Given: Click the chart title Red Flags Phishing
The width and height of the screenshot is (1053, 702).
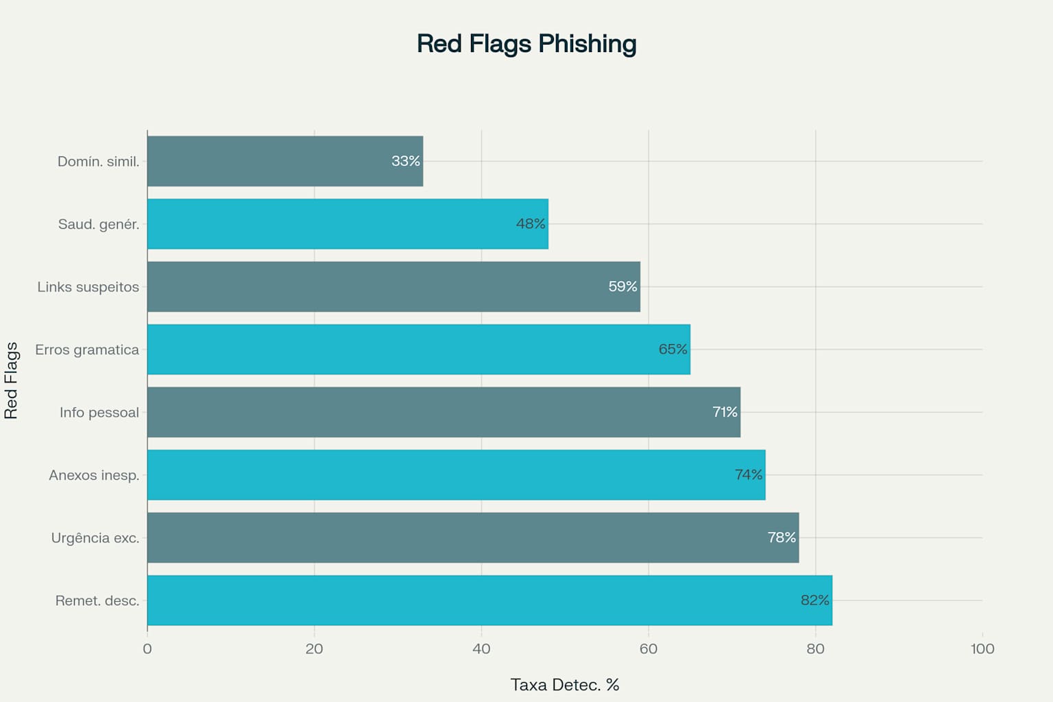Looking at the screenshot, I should pyautogui.click(x=526, y=44).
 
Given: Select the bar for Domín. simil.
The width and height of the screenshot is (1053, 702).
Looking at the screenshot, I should pyautogui.click(x=285, y=161).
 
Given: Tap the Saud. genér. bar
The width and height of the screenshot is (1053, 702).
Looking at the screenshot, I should pyautogui.click(x=348, y=224).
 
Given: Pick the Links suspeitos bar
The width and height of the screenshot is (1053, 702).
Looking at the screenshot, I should pyautogui.click(x=394, y=287).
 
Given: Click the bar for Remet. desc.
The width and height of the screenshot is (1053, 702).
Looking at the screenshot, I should pyautogui.click(x=489, y=601).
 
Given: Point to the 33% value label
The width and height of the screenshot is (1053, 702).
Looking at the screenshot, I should pyautogui.click(x=406, y=161).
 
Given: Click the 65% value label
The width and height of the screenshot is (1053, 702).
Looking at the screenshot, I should pyautogui.click(x=673, y=350).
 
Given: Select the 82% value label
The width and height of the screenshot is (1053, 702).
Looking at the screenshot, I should pyautogui.click(x=815, y=601).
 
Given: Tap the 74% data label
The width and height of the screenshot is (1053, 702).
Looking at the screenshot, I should pyautogui.click(x=749, y=475).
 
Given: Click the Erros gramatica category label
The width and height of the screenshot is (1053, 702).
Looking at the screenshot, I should pyautogui.click(x=87, y=350).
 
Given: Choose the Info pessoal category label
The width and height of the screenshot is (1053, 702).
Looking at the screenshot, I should pyautogui.click(x=99, y=413).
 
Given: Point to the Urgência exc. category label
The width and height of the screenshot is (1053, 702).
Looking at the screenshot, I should pyautogui.click(x=95, y=538).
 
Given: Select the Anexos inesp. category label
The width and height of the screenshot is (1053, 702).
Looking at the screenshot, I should pyautogui.click(x=94, y=475).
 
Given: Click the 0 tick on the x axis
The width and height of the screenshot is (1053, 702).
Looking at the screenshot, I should pyautogui.click(x=147, y=649).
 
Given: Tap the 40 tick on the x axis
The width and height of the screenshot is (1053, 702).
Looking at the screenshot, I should pyautogui.click(x=481, y=649).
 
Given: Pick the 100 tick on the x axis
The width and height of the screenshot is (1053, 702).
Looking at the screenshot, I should pyautogui.click(x=982, y=649).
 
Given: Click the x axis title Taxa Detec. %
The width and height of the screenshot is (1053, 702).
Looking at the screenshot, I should pyautogui.click(x=565, y=685).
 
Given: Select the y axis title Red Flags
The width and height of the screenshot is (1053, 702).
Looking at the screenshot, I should pyautogui.click(x=12, y=380).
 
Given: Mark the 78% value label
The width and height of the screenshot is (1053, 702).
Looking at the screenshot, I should pyautogui.click(x=782, y=537).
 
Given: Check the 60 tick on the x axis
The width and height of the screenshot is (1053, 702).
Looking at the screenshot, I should pyautogui.click(x=649, y=649).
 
